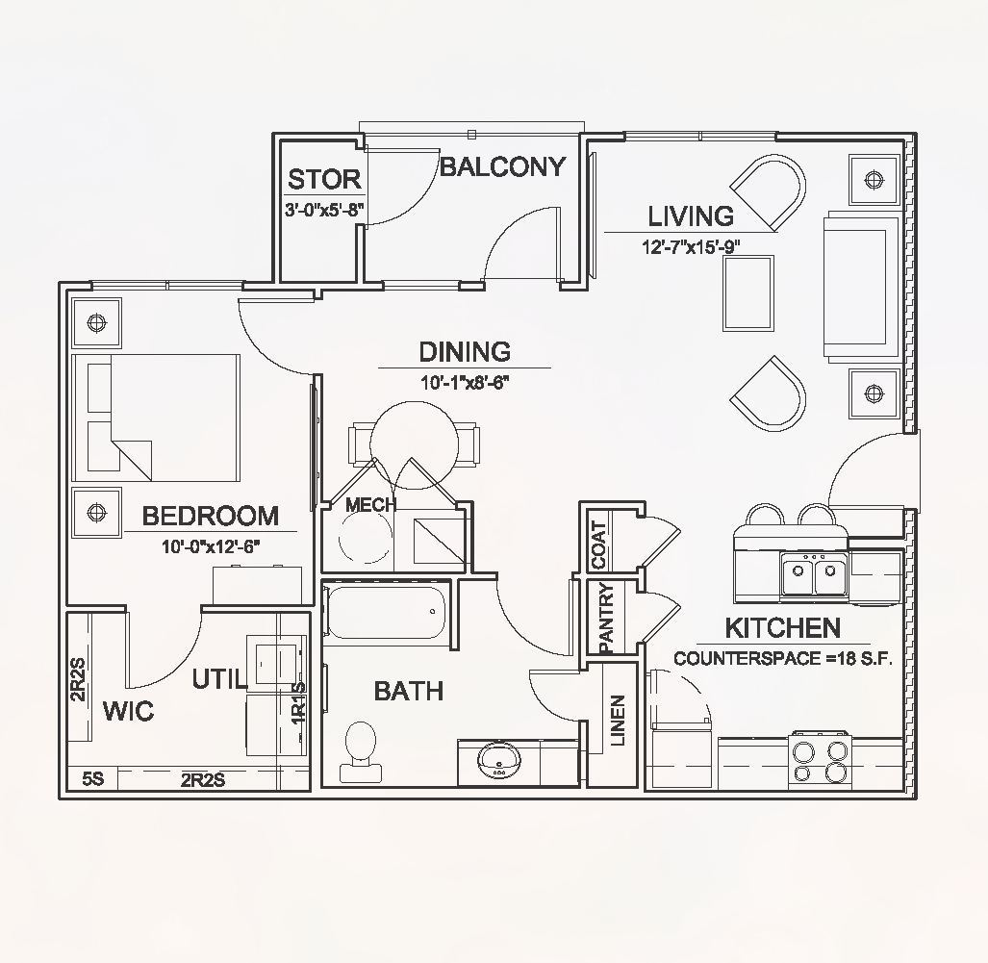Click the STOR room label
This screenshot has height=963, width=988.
click(324, 179)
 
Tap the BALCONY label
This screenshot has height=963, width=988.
click(502, 167)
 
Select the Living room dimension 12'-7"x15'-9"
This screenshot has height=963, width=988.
click(693, 246)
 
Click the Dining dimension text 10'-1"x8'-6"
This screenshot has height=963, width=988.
click(464, 382)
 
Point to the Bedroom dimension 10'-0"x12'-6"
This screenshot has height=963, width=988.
click(212, 546)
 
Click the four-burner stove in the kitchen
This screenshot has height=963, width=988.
click(821, 761)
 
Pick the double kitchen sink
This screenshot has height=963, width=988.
click(814, 577)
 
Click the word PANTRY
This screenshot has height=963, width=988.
click(606, 620)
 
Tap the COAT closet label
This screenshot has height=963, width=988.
click(598, 545)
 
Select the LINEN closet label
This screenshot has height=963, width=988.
click(618, 721)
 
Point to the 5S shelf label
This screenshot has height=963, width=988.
click(92, 779)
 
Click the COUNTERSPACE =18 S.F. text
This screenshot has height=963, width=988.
click(784, 660)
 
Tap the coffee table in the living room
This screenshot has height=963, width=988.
click(748, 293)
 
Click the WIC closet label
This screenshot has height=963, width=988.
click(128, 712)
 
